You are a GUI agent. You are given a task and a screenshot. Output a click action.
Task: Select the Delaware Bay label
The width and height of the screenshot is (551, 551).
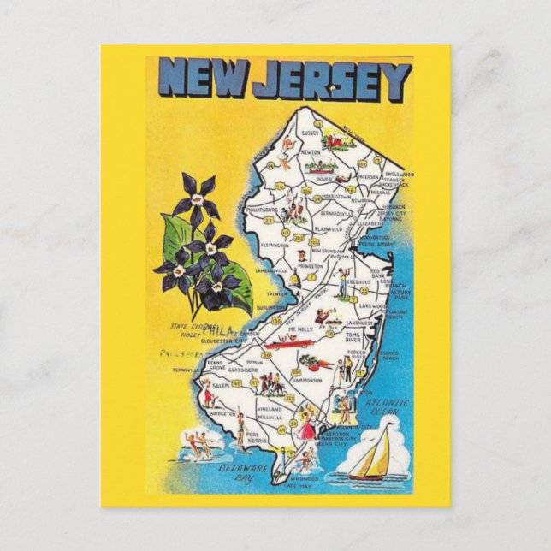pos(236,473)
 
